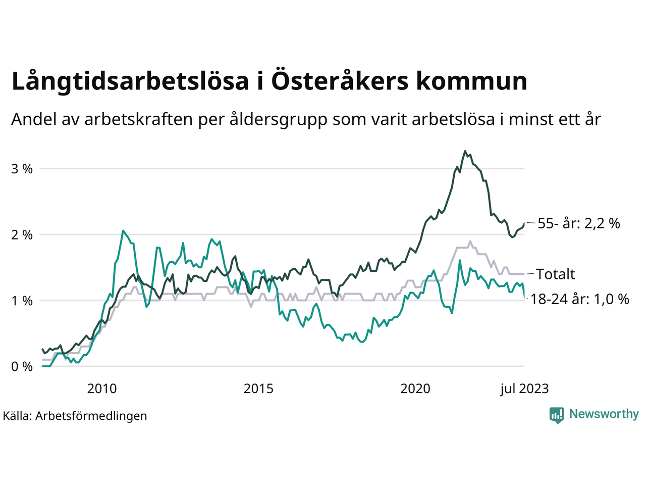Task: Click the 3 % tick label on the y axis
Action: [x=22, y=169]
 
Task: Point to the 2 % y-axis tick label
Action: [x=22, y=235]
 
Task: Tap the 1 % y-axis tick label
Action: [x=22, y=301]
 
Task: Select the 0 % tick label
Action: [x=22, y=367]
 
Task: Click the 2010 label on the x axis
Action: [x=102, y=389]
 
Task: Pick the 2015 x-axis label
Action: [x=258, y=389]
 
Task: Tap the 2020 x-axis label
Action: [x=415, y=389]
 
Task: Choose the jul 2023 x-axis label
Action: [x=524, y=389]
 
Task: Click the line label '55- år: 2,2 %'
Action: [x=578, y=223]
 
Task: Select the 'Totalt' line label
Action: [x=555, y=274]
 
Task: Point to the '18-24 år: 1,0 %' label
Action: [x=580, y=299]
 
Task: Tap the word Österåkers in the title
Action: [x=340, y=81]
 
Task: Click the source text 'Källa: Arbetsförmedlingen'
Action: [x=75, y=416]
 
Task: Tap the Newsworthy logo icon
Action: [x=557, y=415]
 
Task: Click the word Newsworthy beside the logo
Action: [x=604, y=414]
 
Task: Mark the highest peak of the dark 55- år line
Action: [x=465, y=151]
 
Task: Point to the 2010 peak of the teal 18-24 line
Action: [x=123, y=231]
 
